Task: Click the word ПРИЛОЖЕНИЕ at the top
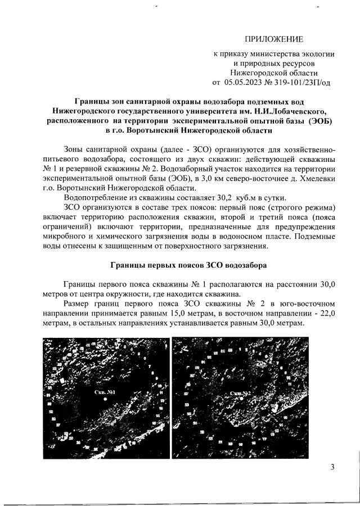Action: pos(273,39)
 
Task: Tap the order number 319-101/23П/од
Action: pos(301,82)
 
